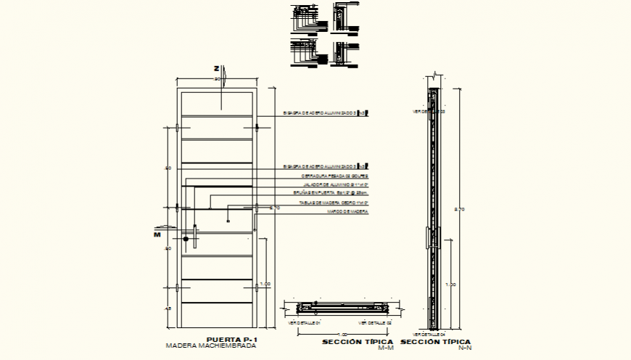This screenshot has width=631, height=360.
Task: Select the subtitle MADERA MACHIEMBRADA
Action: pos(211,346)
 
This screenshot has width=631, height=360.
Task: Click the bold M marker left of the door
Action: pos(156,234)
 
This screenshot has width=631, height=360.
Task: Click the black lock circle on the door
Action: pos(186,238)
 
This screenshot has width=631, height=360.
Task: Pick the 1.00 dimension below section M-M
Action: pos(334,334)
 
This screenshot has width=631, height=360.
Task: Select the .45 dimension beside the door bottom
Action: pos(168,309)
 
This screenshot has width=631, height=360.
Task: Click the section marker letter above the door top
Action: pos(216,68)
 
